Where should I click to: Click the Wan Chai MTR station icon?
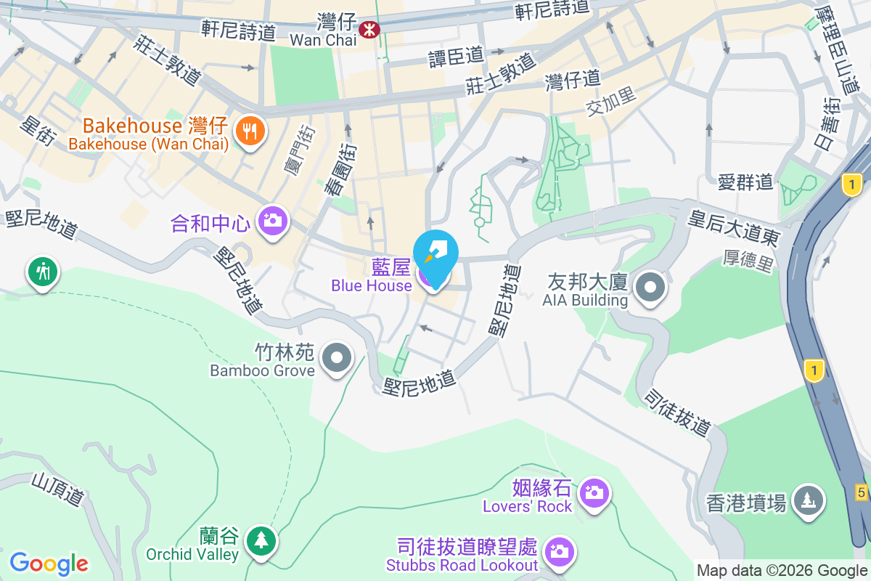369,29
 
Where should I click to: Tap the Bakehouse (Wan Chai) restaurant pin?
251,131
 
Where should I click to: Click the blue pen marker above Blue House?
435,250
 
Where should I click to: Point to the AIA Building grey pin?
650,288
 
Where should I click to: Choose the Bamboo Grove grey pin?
337,358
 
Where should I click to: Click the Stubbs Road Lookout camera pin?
559,551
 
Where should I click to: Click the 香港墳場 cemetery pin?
807,500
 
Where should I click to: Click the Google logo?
49,564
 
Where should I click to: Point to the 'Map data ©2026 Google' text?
781,570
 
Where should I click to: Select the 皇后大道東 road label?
734,225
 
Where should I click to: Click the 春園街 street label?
341,169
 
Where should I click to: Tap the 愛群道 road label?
745,182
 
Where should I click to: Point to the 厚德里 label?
748,261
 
